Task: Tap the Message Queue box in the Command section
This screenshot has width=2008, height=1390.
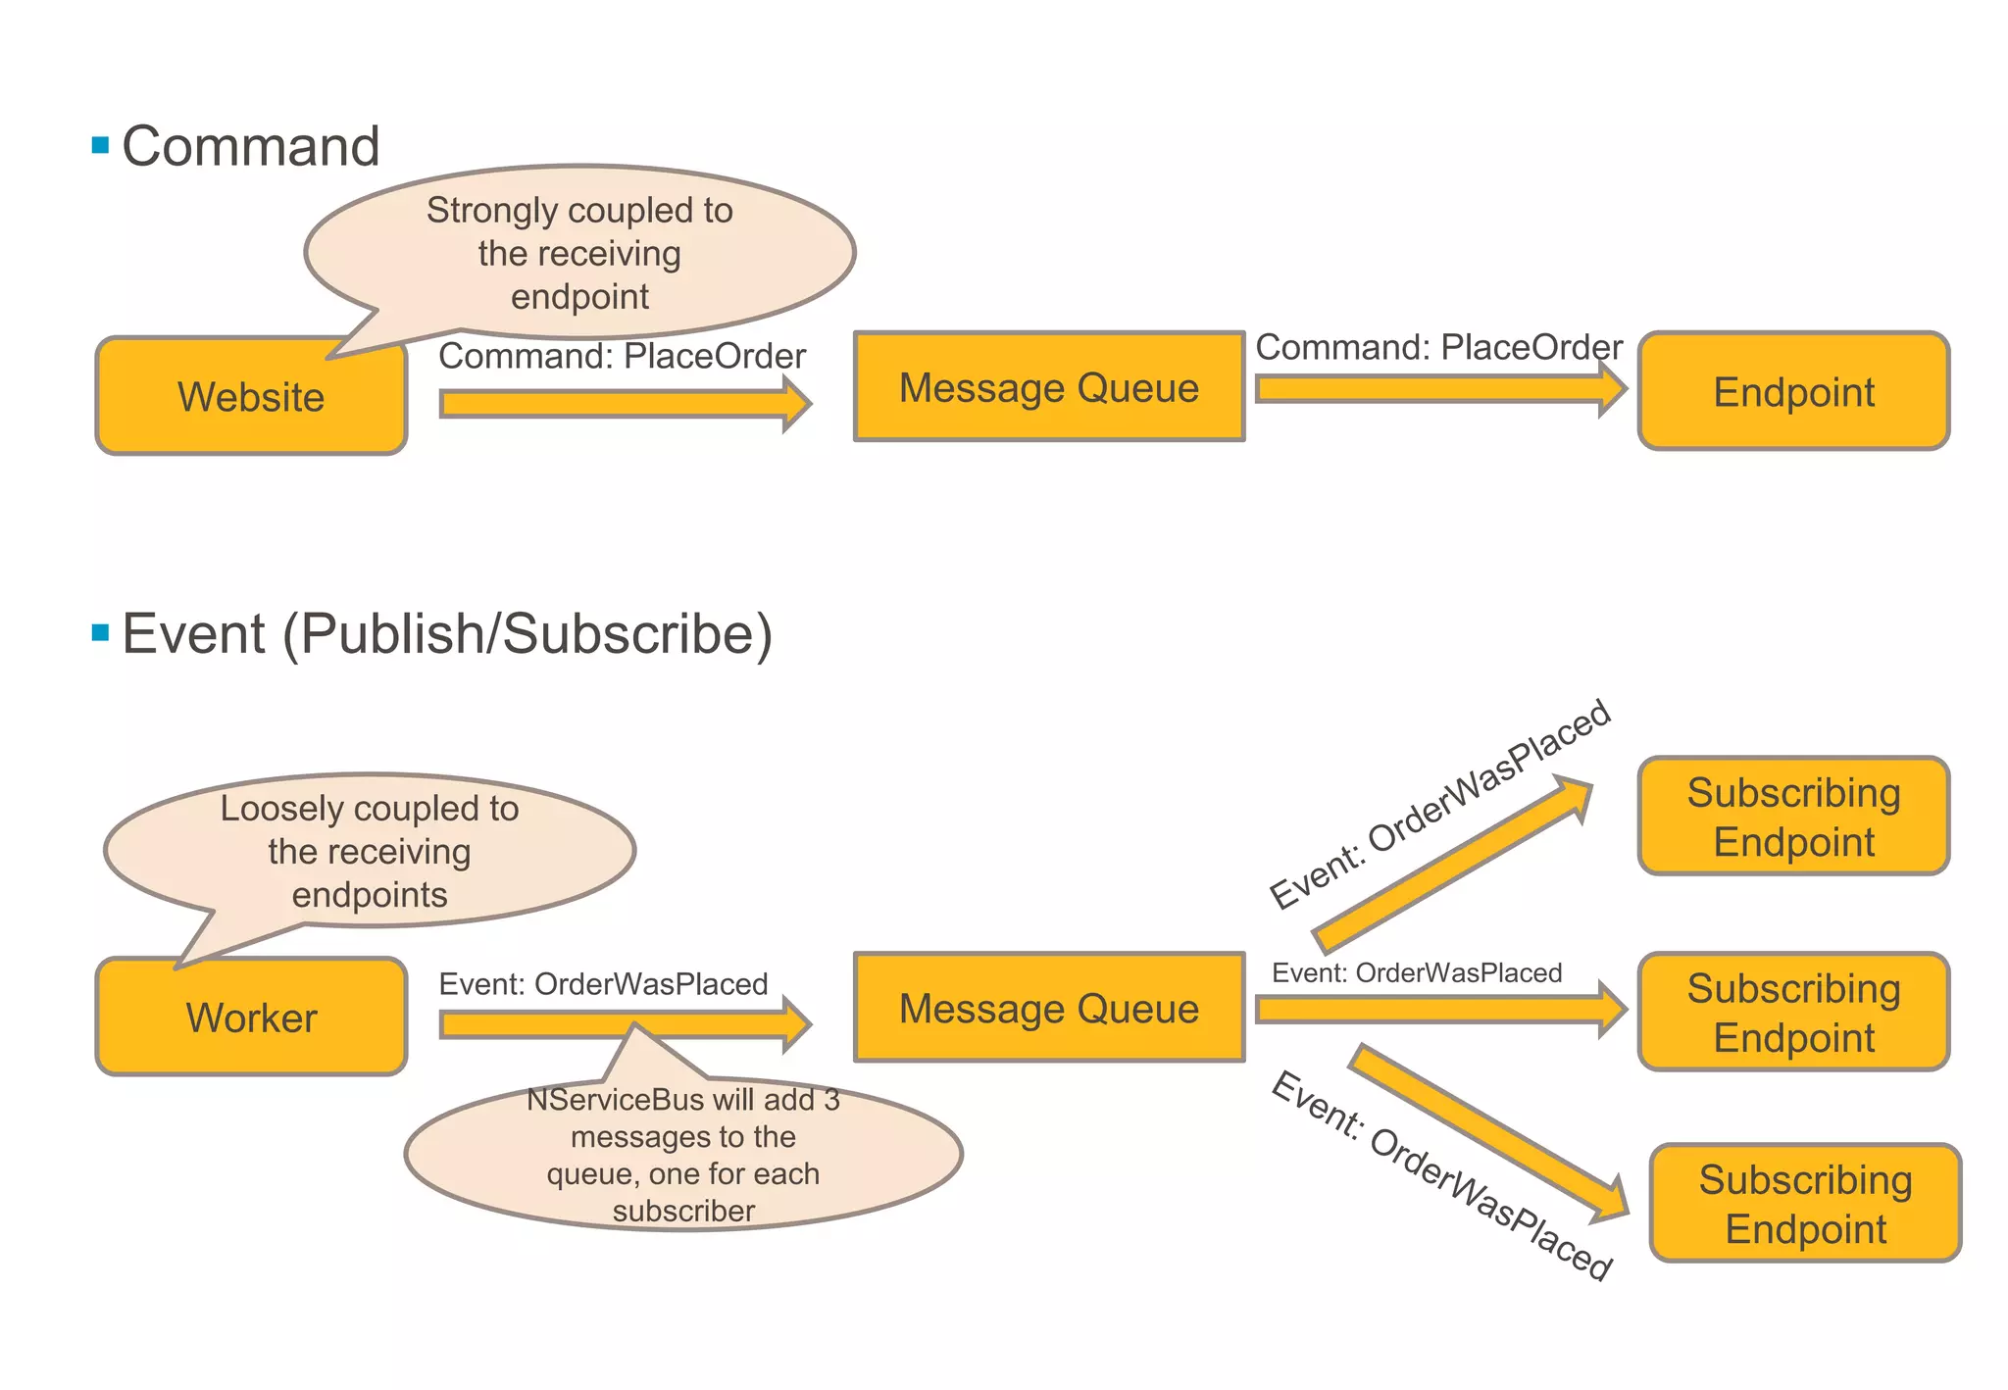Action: tap(1048, 387)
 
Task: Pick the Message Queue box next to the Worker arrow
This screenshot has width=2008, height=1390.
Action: tap(1048, 1008)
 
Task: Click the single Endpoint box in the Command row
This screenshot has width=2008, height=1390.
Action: tap(1793, 392)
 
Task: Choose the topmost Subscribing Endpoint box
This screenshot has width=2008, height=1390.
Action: tap(1793, 817)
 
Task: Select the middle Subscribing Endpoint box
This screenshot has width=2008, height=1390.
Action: tap(1793, 1013)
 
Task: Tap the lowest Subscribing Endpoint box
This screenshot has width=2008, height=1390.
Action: tap(1805, 1204)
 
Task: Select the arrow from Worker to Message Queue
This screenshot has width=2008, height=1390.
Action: tap(549, 1025)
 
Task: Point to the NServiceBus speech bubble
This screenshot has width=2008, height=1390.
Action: tap(683, 1157)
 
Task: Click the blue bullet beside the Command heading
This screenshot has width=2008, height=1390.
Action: tap(100, 146)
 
